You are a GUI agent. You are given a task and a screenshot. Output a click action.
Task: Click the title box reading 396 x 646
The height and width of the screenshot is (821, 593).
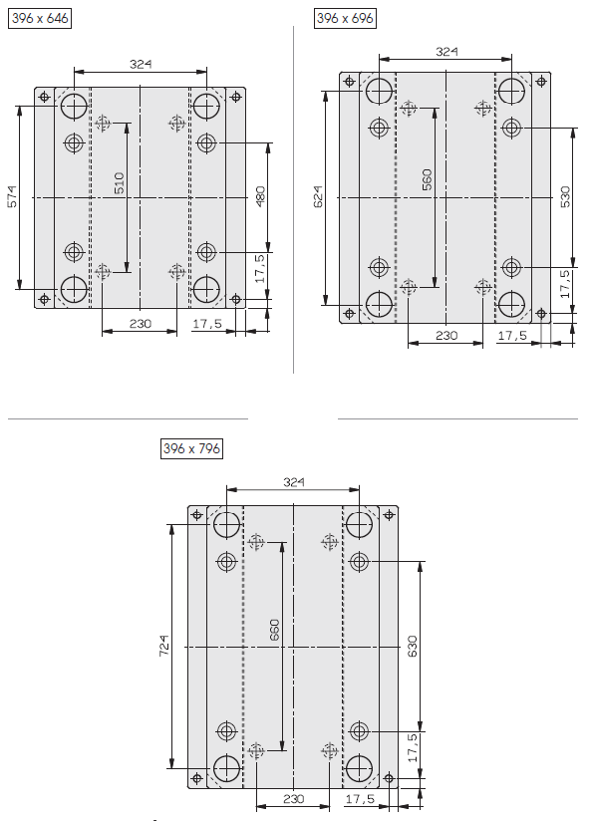[40, 18]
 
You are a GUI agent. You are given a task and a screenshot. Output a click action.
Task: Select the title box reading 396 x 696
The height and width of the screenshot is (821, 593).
[345, 18]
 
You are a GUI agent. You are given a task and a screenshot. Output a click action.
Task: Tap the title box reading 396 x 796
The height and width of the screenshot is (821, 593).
[192, 448]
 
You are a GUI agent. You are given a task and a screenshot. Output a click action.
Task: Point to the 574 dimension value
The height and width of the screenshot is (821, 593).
[13, 197]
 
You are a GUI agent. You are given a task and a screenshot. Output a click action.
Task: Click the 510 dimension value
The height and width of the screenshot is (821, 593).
[119, 183]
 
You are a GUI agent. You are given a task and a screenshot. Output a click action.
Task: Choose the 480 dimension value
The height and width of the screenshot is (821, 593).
[260, 197]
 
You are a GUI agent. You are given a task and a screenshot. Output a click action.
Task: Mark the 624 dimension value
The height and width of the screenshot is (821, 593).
[318, 197]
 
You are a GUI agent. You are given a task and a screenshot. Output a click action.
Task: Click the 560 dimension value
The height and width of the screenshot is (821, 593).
[427, 179]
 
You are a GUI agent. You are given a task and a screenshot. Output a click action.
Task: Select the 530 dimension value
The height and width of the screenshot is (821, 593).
[566, 197]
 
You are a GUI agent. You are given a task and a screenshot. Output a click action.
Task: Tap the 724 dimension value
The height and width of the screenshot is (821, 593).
[164, 646]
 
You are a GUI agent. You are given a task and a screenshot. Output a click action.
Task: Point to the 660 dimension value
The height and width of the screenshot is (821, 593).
[275, 630]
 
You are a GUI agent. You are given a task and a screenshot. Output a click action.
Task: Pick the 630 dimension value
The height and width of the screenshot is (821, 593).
[413, 646]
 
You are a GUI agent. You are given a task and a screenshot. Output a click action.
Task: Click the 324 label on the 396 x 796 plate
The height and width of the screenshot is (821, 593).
[294, 482]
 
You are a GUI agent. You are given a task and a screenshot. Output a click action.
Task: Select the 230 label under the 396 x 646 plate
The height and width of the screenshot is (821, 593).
[140, 324]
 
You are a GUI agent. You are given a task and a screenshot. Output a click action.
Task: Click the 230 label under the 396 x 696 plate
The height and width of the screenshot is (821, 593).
[446, 336]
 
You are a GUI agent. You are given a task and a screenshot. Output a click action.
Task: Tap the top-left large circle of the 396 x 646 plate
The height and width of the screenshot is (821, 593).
[74, 106]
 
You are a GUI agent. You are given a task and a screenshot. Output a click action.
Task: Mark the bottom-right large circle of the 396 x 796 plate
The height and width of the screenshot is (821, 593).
[359, 768]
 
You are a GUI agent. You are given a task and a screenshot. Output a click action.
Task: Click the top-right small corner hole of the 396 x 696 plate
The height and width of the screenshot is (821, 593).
[541, 82]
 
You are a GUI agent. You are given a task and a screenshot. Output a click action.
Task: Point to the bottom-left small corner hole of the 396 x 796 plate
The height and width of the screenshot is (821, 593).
[197, 778]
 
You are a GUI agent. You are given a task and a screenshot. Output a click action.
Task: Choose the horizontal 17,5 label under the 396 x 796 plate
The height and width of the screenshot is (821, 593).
[360, 799]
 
